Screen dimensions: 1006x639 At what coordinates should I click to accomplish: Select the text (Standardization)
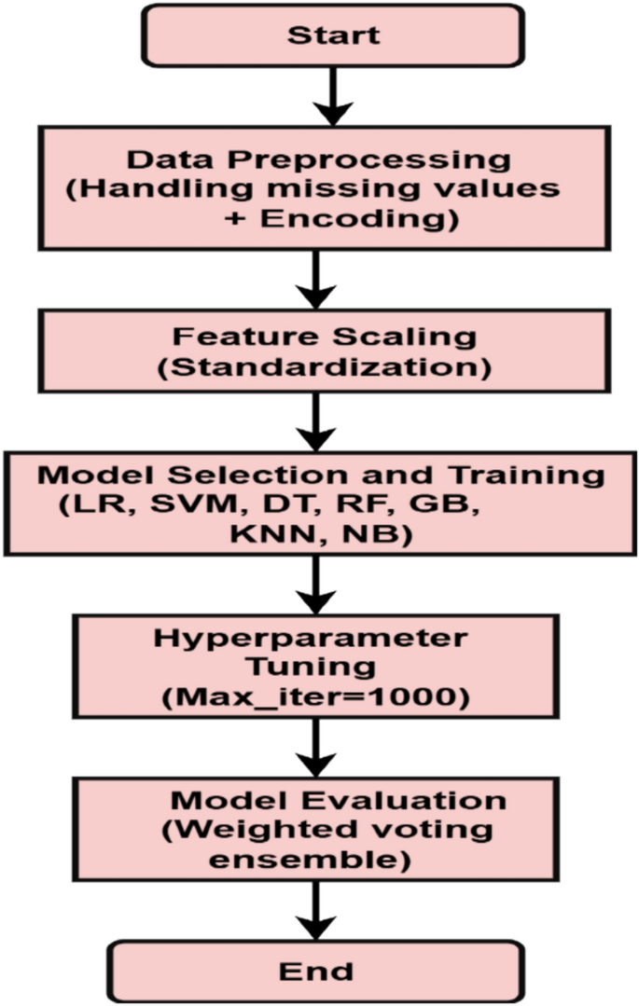coord(324,365)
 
